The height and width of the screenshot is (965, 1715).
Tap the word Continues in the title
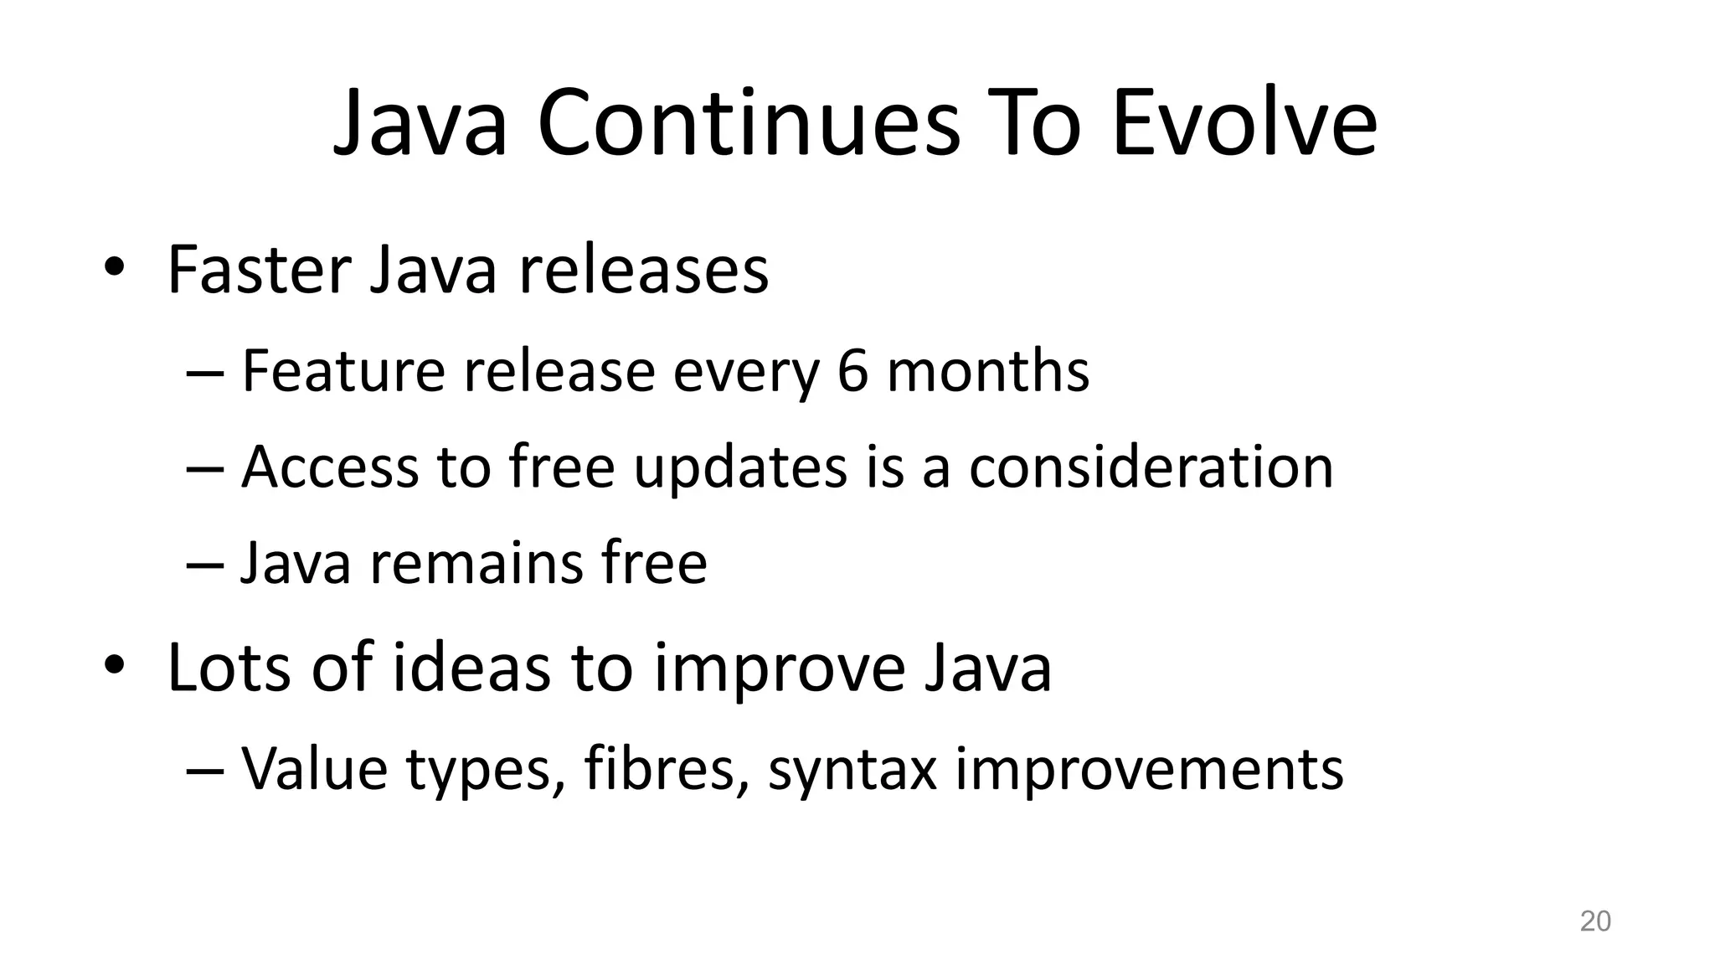tap(748, 124)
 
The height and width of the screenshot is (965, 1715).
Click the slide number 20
tap(1594, 921)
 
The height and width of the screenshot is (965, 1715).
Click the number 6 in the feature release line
tap(852, 371)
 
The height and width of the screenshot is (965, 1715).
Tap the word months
tap(988, 371)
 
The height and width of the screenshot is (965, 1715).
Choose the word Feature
tap(342, 371)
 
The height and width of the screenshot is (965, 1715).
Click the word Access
tap(329, 467)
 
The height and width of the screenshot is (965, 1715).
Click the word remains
tap(476, 563)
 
